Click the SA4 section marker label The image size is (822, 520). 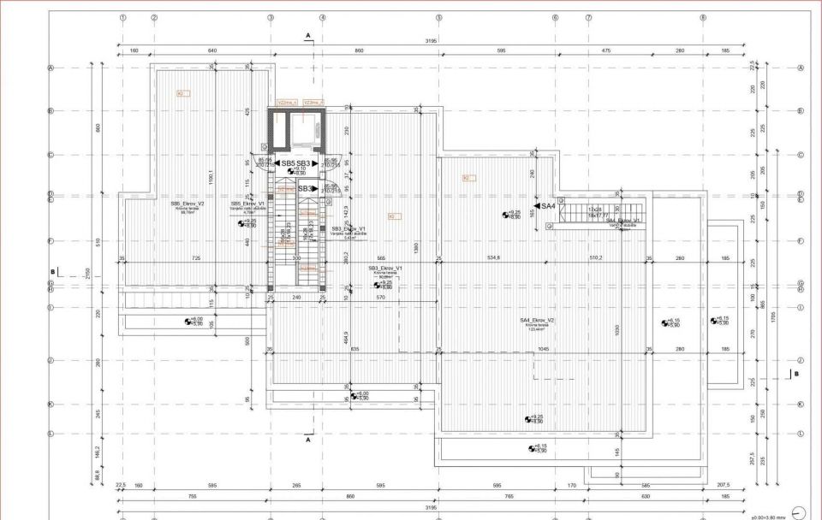[548, 206]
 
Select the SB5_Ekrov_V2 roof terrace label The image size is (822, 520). [188, 204]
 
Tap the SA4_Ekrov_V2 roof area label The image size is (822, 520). [537, 321]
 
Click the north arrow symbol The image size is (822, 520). [799, 511]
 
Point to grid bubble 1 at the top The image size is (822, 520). [123, 17]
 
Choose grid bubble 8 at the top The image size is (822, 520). [703, 17]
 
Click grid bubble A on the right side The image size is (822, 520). [801, 68]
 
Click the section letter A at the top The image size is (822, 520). [307, 35]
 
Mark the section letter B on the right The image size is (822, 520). [795, 375]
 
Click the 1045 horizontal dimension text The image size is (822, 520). [543, 349]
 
